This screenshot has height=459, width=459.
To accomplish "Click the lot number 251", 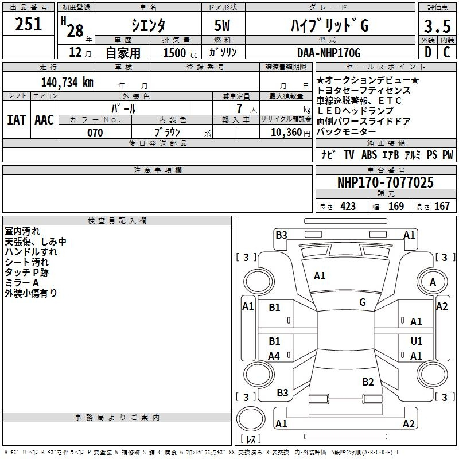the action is [x=28, y=24].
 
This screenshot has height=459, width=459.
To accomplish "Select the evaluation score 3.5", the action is [x=437, y=26].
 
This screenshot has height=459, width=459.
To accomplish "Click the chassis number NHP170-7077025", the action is [x=385, y=182].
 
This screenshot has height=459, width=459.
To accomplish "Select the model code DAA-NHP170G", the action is [x=329, y=53].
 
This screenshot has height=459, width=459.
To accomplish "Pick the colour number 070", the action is [x=95, y=133].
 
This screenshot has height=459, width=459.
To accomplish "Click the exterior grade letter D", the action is [x=427, y=53].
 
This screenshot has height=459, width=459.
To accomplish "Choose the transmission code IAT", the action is [x=16, y=119].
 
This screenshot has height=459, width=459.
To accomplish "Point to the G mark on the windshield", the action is [x=363, y=302].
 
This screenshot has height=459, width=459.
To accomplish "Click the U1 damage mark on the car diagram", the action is [x=417, y=341].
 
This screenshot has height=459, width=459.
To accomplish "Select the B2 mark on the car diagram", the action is [x=368, y=382].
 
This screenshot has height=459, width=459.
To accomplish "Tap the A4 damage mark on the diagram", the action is [x=274, y=356].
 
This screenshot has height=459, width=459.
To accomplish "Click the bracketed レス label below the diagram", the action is [x=251, y=439].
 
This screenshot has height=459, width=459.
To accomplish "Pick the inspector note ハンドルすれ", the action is [x=31, y=252].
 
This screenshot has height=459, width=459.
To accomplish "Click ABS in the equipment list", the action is [x=369, y=155].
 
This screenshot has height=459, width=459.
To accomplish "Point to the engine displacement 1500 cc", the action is [x=179, y=53].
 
